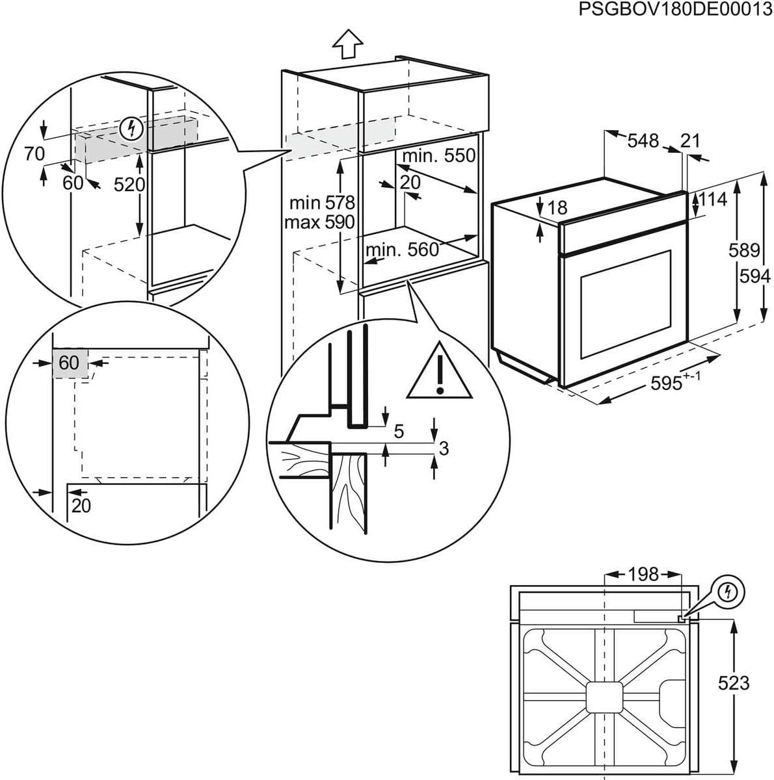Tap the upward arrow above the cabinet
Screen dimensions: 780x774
pos(347,45)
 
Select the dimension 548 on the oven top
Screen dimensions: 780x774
pos(643,140)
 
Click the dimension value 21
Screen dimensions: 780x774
pos(690,140)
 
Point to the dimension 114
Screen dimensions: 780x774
pos(713,200)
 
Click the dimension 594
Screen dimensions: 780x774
pos(754,276)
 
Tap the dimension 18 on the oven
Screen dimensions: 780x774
pos(557,207)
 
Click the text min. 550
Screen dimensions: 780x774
pos(438,156)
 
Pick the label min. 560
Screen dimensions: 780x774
pos(402,250)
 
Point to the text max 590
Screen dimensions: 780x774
pos(319,222)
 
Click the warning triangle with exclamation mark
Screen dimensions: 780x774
pos(440,376)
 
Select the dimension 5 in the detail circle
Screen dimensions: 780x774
pos(399,430)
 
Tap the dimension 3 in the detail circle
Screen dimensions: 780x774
pos(444,448)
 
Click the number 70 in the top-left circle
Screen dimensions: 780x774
pos(34,153)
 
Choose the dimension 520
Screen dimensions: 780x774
pos(129,185)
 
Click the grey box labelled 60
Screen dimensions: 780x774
pos(69,363)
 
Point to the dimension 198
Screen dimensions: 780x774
pos(643,574)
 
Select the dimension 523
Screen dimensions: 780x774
pos(734,682)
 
